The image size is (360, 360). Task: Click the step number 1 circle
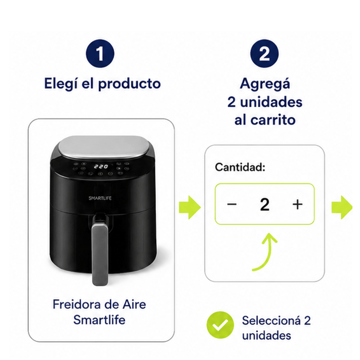coord(100,54)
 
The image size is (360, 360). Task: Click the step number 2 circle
coord(264,54)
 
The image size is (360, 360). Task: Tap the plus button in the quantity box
coord(297,204)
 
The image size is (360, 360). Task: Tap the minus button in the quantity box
coord(232,204)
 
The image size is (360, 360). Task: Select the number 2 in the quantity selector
coord(265,204)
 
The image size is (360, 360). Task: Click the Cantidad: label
coord(240,167)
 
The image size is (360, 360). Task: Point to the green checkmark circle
coord(220,325)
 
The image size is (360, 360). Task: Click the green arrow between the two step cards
coord(189,207)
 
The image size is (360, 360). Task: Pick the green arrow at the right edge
coord(342,207)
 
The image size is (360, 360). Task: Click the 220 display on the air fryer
coord(101,166)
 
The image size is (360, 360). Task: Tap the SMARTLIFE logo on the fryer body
coord(100,198)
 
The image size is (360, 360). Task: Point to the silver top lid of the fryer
coord(103,148)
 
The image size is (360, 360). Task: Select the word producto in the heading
coord(130,84)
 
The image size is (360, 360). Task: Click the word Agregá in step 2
coord(265,84)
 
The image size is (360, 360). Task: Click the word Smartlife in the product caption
coord(99,319)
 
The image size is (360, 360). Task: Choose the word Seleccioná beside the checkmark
coord(271,320)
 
